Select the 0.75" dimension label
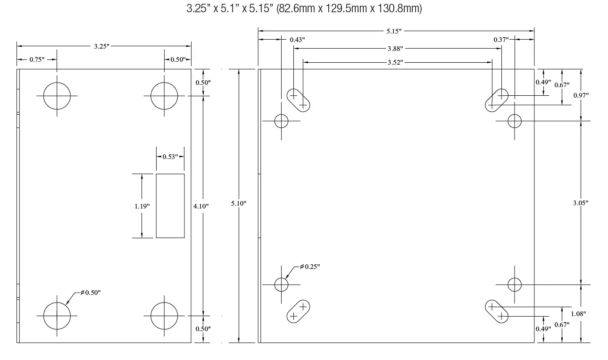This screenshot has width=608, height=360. tap(36, 59)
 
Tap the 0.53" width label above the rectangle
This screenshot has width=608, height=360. tap(170, 156)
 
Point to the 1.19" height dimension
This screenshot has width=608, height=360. tap(142, 206)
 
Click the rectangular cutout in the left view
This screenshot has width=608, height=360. tap(170, 206)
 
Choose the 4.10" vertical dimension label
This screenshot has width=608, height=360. tap(201, 206)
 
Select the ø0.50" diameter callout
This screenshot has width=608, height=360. tap(90, 293)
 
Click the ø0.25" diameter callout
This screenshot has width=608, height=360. tap(310, 267)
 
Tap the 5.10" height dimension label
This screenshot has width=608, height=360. tap(239, 203)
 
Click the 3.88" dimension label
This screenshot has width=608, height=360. tap(395, 49)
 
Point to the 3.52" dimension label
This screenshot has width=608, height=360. tap(395, 62)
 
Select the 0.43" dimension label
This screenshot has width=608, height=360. tap(297, 40)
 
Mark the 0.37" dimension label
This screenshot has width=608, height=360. tap(501, 40)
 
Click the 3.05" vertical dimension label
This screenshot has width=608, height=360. tap(580, 203)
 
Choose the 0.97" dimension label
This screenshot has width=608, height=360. tap(580, 95)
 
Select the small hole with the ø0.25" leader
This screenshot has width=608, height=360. tap(281, 285)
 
